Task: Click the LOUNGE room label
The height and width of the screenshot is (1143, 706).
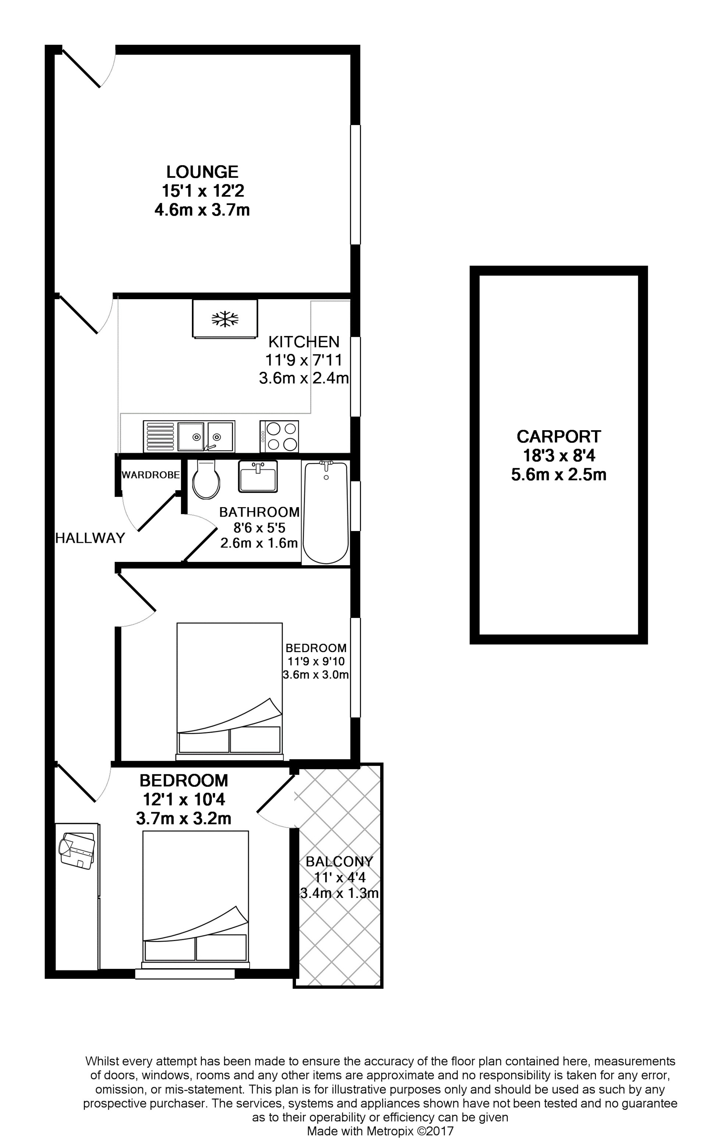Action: [202, 172]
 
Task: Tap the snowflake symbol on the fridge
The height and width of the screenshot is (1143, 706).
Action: [225, 319]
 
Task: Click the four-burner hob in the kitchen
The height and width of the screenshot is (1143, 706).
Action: [279, 436]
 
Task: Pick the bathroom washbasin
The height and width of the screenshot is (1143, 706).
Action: [258, 476]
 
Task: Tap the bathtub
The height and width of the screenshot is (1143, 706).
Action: [326, 513]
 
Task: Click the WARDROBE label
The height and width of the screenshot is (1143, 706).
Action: [150, 475]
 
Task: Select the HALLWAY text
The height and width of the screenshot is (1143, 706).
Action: [90, 538]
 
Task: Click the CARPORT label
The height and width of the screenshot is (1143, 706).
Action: [559, 436]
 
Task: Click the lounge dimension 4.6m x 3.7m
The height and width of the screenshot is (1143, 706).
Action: [202, 210]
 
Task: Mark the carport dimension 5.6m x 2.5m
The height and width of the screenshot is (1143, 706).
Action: [559, 475]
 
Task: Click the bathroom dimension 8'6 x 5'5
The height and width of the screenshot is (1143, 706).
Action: [259, 528]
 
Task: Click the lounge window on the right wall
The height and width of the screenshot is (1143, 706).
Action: [356, 185]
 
